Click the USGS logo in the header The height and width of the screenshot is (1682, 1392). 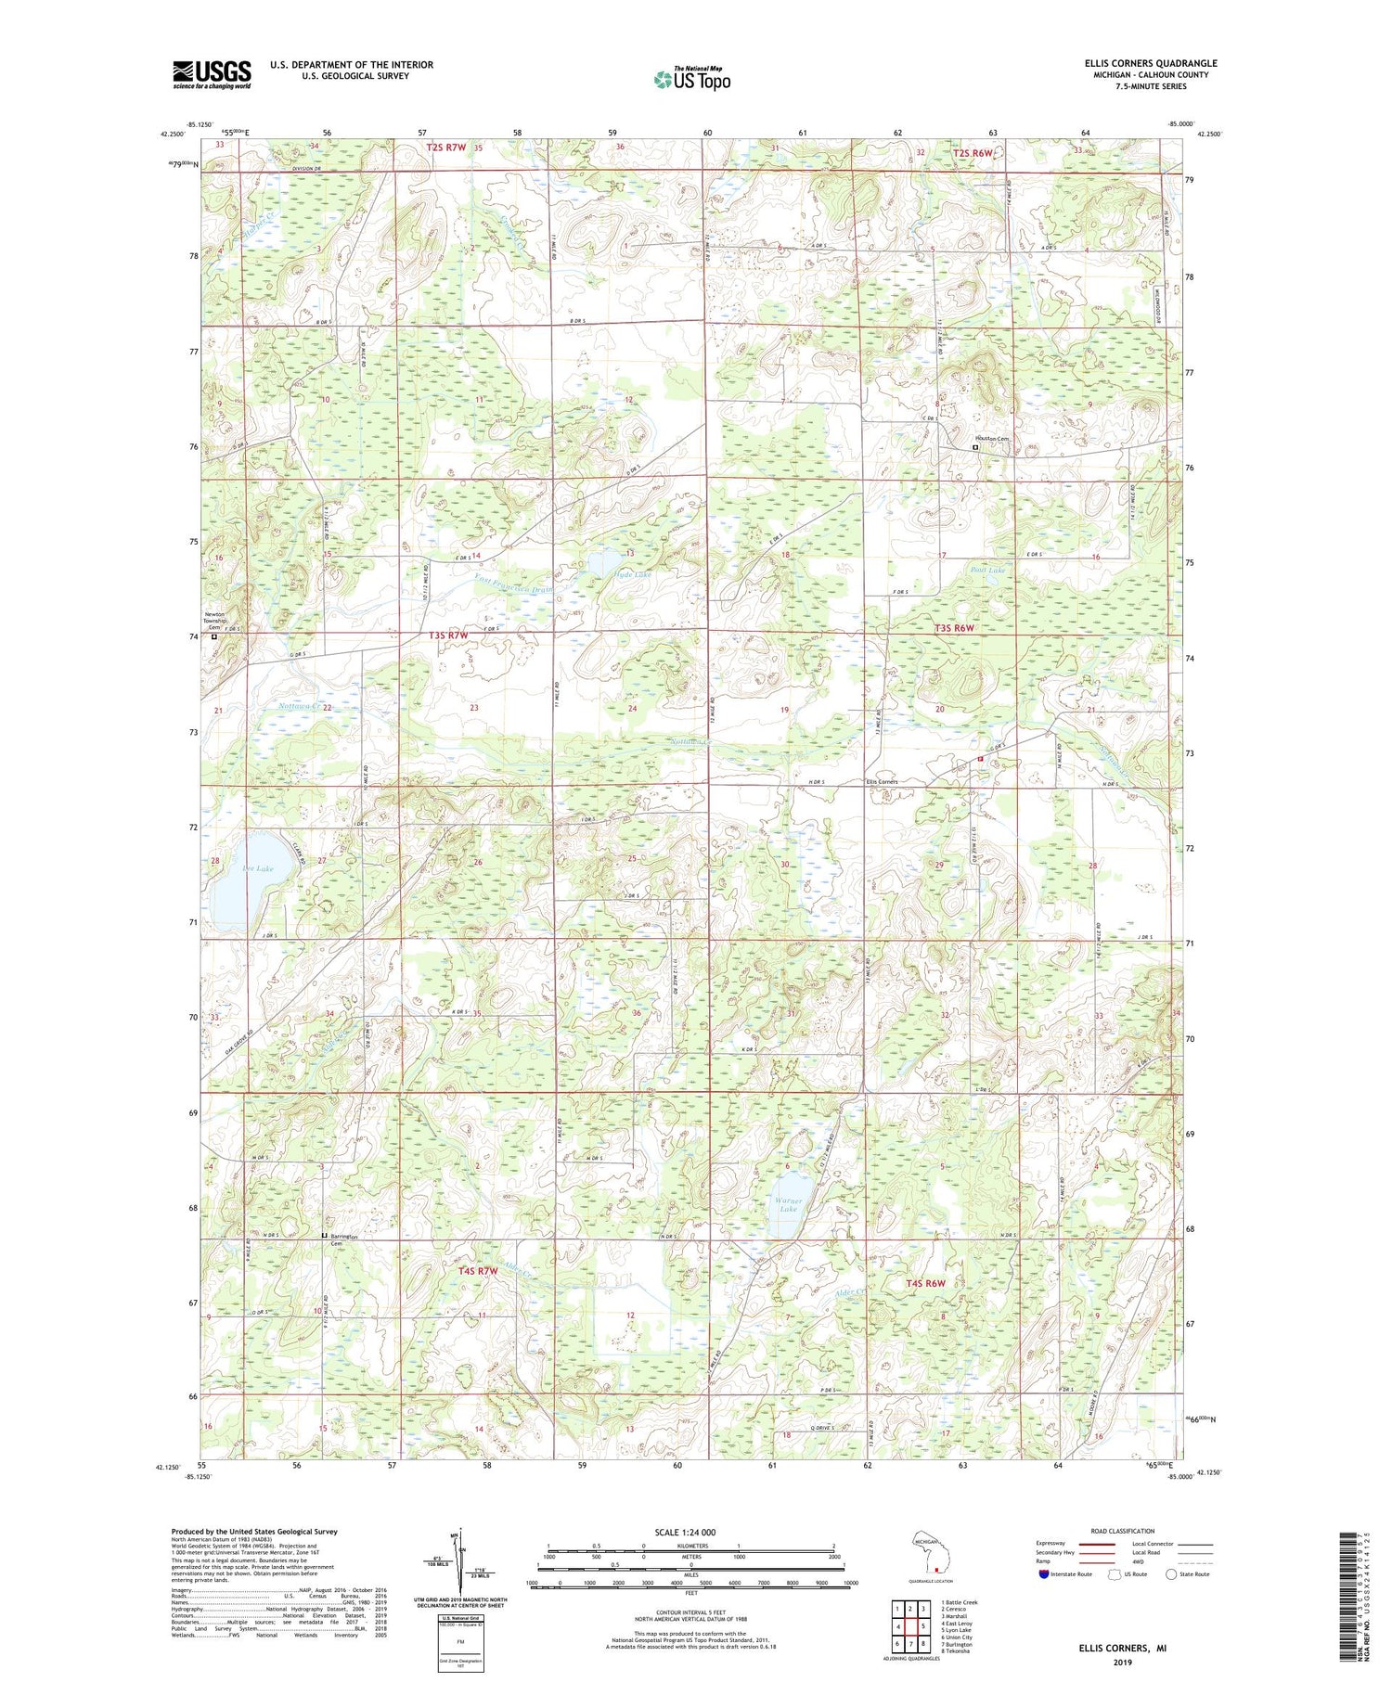212,73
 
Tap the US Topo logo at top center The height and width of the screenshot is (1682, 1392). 691,80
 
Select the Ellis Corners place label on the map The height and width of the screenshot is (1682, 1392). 881,781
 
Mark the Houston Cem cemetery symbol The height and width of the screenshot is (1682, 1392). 975,447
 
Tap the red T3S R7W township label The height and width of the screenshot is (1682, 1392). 448,636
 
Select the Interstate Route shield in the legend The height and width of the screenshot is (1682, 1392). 1044,1574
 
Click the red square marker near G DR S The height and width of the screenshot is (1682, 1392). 980,758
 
